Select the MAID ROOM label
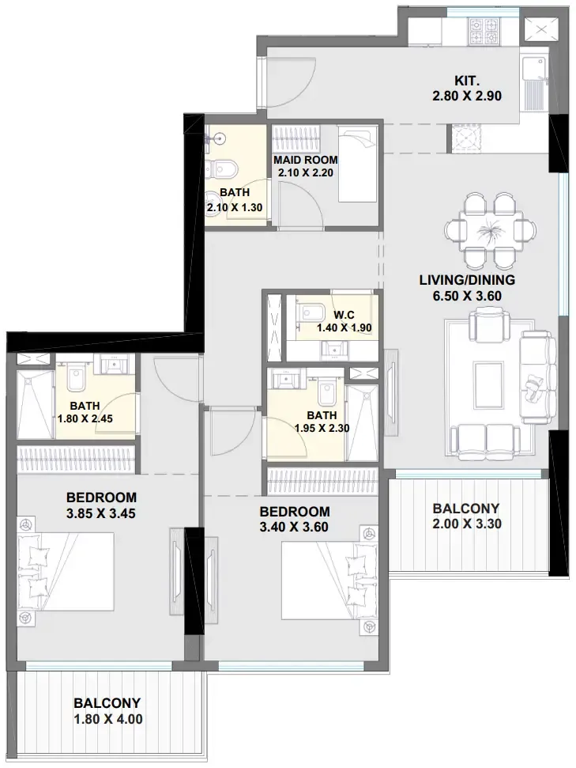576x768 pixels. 305,160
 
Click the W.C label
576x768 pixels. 344,315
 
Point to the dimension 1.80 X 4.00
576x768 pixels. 108,719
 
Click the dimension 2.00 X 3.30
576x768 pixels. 467,524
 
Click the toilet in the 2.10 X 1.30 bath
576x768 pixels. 223,170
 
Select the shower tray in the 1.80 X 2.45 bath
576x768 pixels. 36,403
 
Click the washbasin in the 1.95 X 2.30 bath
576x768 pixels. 284,380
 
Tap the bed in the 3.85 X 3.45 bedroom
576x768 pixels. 66,572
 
